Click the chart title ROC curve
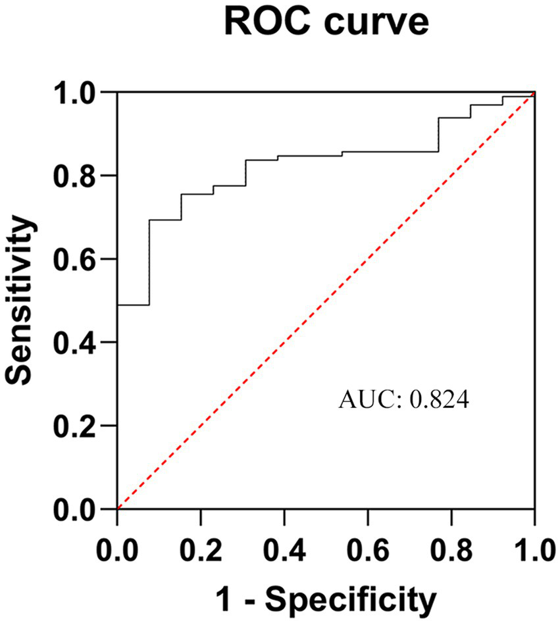326,23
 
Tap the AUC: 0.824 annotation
403,400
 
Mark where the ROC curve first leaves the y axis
118,305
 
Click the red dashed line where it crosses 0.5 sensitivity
326,301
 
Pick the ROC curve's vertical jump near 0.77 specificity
439,135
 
